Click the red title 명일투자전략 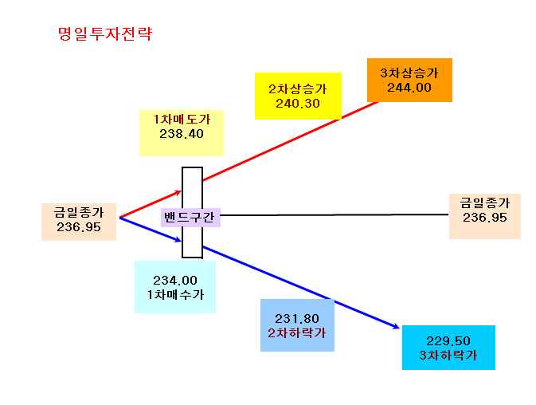coord(105,33)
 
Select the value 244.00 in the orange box coord(409,88)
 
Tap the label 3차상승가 coord(409,73)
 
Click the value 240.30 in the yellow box coord(298,104)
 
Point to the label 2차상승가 coord(298,89)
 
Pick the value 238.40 coord(182,134)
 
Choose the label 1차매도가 coord(182,119)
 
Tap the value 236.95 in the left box coord(79,227)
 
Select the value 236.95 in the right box coord(485,218)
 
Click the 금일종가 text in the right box coord(485,202)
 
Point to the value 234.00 coord(175,281)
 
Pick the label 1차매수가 coord(175,294)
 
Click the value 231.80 coord(297,319)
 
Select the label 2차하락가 coord(297,332)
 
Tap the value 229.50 coord(448,341)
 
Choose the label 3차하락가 coord(448,355)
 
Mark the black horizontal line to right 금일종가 coord(335,214)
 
